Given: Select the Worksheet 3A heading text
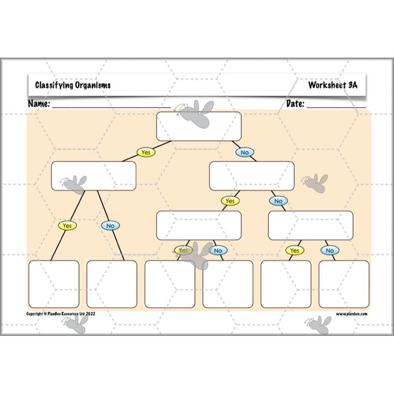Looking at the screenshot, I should click(332, 85).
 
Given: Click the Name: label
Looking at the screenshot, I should click(39, 104).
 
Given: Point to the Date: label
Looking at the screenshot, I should click(295, 104).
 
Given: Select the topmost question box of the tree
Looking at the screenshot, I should click(199, 127).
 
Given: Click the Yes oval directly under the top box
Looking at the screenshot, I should click(146, 153).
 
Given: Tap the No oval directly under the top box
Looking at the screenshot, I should click(245, 153).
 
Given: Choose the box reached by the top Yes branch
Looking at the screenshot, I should click(94, 176).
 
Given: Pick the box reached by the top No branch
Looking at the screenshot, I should click(252, 176).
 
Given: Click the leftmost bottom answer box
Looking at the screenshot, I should click(54, 284).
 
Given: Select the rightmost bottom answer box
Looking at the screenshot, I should click(344, 284).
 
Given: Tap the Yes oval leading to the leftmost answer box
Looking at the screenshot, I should click(67, 226).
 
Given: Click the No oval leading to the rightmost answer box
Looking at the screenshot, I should click(329, 251).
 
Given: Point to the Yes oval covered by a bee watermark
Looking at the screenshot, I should click(183, 251).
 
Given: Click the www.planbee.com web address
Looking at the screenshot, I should click(352, 314).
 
